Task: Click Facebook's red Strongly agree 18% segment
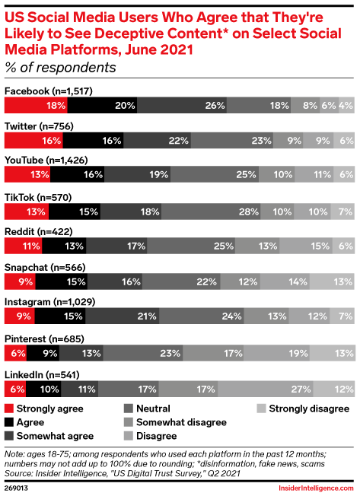[36, 105]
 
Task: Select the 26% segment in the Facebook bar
[182, 105]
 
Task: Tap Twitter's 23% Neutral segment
[232, 141]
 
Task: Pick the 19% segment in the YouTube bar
[137, 174]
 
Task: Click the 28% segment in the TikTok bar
[211, 211]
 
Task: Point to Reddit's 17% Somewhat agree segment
[116, 246]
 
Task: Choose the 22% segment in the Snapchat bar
[181, 281]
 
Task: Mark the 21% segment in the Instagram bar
[122, 316]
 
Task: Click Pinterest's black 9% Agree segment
[43, 353]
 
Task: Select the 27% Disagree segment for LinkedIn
[266, 389]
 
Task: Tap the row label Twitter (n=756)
[39, 126]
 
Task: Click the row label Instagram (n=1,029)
[49, 302]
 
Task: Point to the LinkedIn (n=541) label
[42, 375]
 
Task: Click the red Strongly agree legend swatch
[9, 409]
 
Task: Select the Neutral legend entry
[147, 409]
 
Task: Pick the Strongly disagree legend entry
[303, 409]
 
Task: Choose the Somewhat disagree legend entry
[175, 422]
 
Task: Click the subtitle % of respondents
[60, 68]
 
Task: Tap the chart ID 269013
[16, 488]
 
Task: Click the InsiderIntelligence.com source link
[316, 488]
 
